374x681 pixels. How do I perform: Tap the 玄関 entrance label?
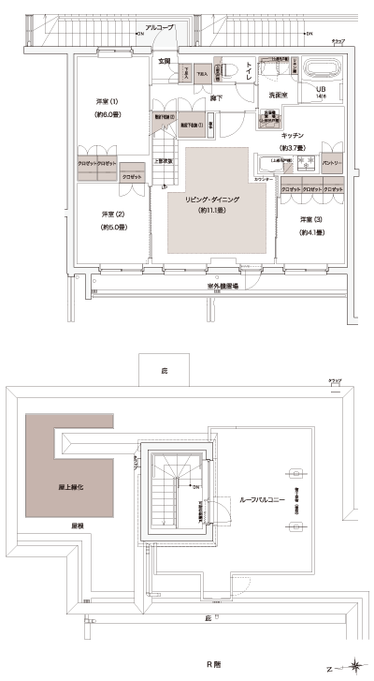(164, 61)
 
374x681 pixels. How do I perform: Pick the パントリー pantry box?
(331, 162)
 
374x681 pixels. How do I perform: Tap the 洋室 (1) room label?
(107, 101)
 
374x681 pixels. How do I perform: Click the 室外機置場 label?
(221, 284)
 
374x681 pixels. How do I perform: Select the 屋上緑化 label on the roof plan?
(60, 488)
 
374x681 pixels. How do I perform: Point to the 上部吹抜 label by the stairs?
(161, 160)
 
